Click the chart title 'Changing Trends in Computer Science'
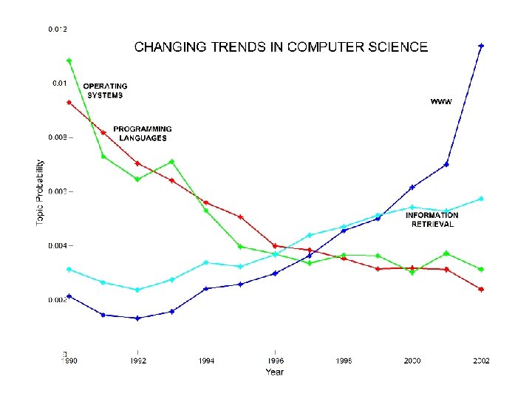281,47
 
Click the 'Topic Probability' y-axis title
41,194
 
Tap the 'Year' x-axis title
274,372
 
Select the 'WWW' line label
441,101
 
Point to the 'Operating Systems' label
105,91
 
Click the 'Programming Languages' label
143,134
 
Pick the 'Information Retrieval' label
432,219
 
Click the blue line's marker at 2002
481,46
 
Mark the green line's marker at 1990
69,61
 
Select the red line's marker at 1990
69,103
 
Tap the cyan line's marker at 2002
481,199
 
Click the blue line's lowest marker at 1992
137,318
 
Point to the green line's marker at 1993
171,161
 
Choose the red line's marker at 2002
481,290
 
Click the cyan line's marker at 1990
69,270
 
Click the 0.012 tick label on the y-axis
58,30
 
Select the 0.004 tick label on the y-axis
58,245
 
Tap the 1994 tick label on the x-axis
206,361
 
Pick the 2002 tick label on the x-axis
481,361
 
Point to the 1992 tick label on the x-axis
137,361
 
